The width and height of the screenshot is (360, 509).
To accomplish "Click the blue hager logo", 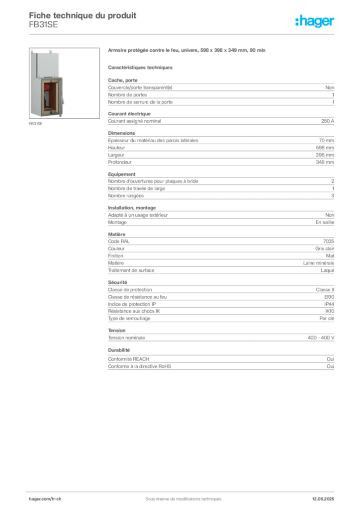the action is (315, 21).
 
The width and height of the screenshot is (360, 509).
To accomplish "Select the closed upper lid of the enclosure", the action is (47, 63).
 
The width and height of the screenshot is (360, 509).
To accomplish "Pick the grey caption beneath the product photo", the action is (35, 124).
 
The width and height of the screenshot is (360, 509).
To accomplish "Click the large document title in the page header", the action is (83, 14).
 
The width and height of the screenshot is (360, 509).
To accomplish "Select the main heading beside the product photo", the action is (186, 50).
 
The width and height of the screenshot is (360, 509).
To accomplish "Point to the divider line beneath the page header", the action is (182, 34).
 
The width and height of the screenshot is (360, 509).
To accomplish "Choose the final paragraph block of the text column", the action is (220, 363).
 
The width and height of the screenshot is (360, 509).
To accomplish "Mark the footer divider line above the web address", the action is (182, 490).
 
